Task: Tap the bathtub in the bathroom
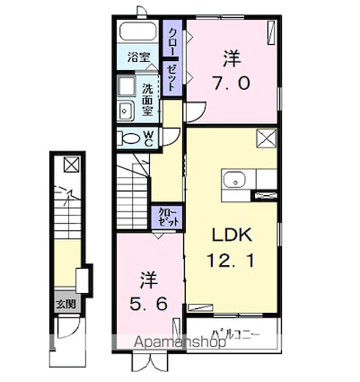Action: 138,34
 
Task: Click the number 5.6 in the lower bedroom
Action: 148,304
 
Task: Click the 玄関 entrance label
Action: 65,304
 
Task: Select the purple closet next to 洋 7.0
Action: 172,60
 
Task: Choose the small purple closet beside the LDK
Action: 169,216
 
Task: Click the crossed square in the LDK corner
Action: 266,138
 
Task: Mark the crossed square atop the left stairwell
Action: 70,165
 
